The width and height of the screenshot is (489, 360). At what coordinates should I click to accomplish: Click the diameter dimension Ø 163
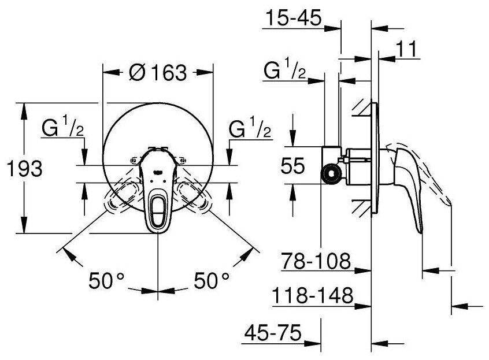pos(157,73)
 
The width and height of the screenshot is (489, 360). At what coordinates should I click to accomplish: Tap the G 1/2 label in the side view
pos(285,72)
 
